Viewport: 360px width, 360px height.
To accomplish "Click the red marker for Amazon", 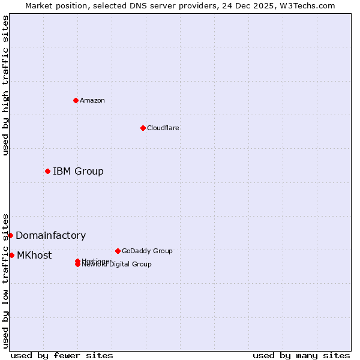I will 76,100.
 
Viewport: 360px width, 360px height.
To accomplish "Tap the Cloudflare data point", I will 143,128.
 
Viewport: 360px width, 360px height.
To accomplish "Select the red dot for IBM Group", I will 47,172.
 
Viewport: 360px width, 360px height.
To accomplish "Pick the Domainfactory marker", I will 10,235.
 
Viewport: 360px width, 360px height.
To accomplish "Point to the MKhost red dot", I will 11,255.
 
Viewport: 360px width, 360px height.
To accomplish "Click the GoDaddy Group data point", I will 118,251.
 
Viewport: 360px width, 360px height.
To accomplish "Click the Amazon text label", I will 92,100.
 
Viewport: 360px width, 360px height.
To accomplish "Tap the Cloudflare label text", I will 163,128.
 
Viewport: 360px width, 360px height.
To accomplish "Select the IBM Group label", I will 78,172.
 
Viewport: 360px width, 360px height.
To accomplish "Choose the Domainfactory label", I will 50,236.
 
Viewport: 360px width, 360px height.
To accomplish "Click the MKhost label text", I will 34,256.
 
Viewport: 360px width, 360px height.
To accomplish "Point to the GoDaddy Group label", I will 147,251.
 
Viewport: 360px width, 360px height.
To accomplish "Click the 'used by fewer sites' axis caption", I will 62,355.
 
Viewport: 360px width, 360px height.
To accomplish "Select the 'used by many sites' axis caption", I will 301,355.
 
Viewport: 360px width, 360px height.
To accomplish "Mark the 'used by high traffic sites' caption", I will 6,85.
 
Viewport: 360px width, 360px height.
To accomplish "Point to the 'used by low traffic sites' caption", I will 6,281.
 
